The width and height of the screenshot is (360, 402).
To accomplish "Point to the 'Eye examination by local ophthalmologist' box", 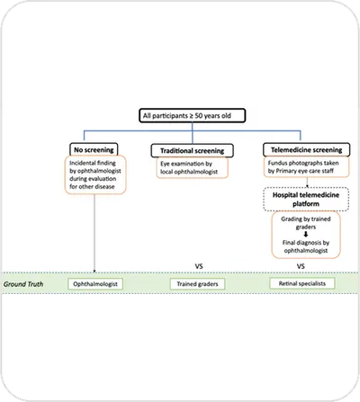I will [x=188, y=166].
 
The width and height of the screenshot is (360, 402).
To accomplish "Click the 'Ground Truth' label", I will [x=25, y=283].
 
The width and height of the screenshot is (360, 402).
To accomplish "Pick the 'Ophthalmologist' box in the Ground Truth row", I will [x=96, y=283].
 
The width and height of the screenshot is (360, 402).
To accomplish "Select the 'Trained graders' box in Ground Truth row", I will [x=195, y=283].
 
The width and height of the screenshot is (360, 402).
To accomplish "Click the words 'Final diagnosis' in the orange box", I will [x=287, y=246].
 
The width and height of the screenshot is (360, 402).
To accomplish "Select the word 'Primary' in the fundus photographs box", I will [x=284, y=171].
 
